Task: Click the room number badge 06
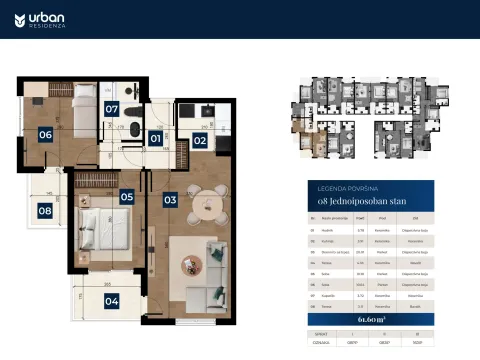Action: click(46, 134)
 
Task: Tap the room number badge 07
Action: click(113, 108)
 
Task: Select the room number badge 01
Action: click(155, 139)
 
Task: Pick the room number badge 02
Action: click(199, 141)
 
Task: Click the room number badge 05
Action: click(127, 197)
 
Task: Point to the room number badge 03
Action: click(170, 200)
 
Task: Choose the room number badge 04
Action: click(111, 300)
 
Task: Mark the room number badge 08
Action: click(45, 210)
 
